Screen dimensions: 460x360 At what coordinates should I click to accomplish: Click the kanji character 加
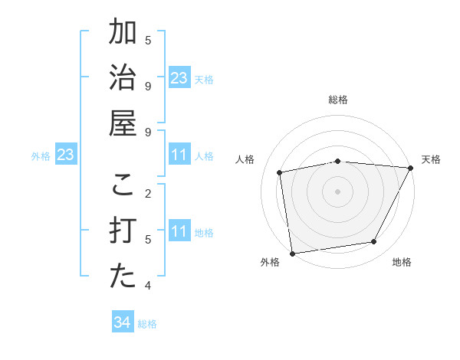123,33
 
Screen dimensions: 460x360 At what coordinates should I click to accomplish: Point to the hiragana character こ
123,185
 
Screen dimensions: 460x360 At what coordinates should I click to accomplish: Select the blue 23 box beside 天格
179,78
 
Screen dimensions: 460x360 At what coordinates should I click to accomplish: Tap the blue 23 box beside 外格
66,155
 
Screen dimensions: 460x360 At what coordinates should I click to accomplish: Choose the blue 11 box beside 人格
179,155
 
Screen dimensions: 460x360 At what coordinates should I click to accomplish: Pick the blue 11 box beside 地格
179,231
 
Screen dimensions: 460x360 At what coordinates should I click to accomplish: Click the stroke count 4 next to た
148,286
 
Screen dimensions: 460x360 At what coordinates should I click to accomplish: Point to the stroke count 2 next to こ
148,193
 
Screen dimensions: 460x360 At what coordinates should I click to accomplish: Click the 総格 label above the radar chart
337,100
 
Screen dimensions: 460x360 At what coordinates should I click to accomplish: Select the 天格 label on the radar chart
431,159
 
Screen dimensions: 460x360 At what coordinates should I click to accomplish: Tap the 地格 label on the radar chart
402,262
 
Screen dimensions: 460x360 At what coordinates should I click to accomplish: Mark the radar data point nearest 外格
292,253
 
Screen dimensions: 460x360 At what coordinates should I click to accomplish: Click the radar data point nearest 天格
410,168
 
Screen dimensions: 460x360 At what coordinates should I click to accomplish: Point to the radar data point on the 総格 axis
337,161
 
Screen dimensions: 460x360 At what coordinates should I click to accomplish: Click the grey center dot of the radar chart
337,191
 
